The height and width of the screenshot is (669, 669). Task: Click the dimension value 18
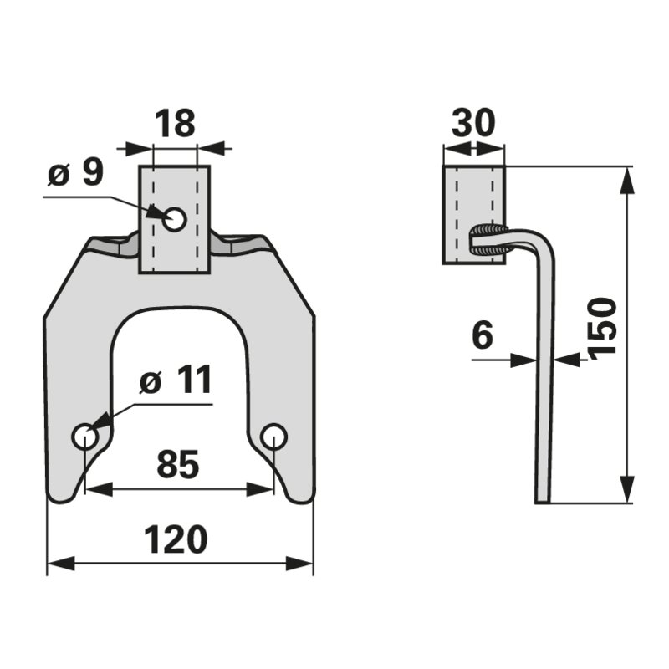[175, 123]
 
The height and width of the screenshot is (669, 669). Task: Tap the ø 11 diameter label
[176, 382]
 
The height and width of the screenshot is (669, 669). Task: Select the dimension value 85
[178, 465]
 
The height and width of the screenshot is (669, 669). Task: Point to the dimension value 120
[176, 540]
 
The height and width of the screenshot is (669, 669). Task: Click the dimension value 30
[473, 123]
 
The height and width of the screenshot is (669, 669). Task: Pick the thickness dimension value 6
[482, 337]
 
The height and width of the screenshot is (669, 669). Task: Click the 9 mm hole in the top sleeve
[175, 220]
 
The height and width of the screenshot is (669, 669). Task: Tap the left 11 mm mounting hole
[84, 437]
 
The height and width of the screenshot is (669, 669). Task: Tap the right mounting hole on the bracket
[273, 436]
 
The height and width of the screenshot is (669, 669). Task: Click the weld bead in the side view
[488, 239]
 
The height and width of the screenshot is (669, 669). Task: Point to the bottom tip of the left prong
[61, 499]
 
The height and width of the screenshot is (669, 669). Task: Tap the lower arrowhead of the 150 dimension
[627, 493]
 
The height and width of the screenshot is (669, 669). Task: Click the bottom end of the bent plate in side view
[543, 501]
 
